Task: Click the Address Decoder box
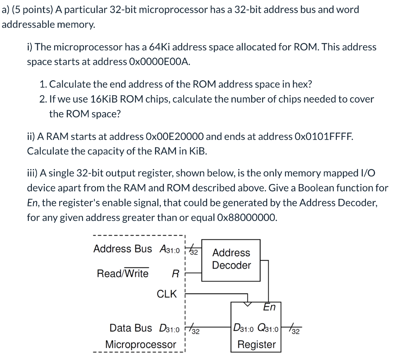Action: coord(231,260)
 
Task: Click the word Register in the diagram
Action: coord(257,344)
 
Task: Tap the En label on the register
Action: coord(269,307)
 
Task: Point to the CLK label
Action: coord(167,294)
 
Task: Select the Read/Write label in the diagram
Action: coord(122,274)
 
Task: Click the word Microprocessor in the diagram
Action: coord(140,344)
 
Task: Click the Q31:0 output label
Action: coord(268,328)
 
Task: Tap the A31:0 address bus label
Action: coord(169,249)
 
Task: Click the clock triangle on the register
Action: coord(248,304)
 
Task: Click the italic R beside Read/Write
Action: coord(175,274)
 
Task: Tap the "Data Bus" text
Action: coord(130,328)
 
